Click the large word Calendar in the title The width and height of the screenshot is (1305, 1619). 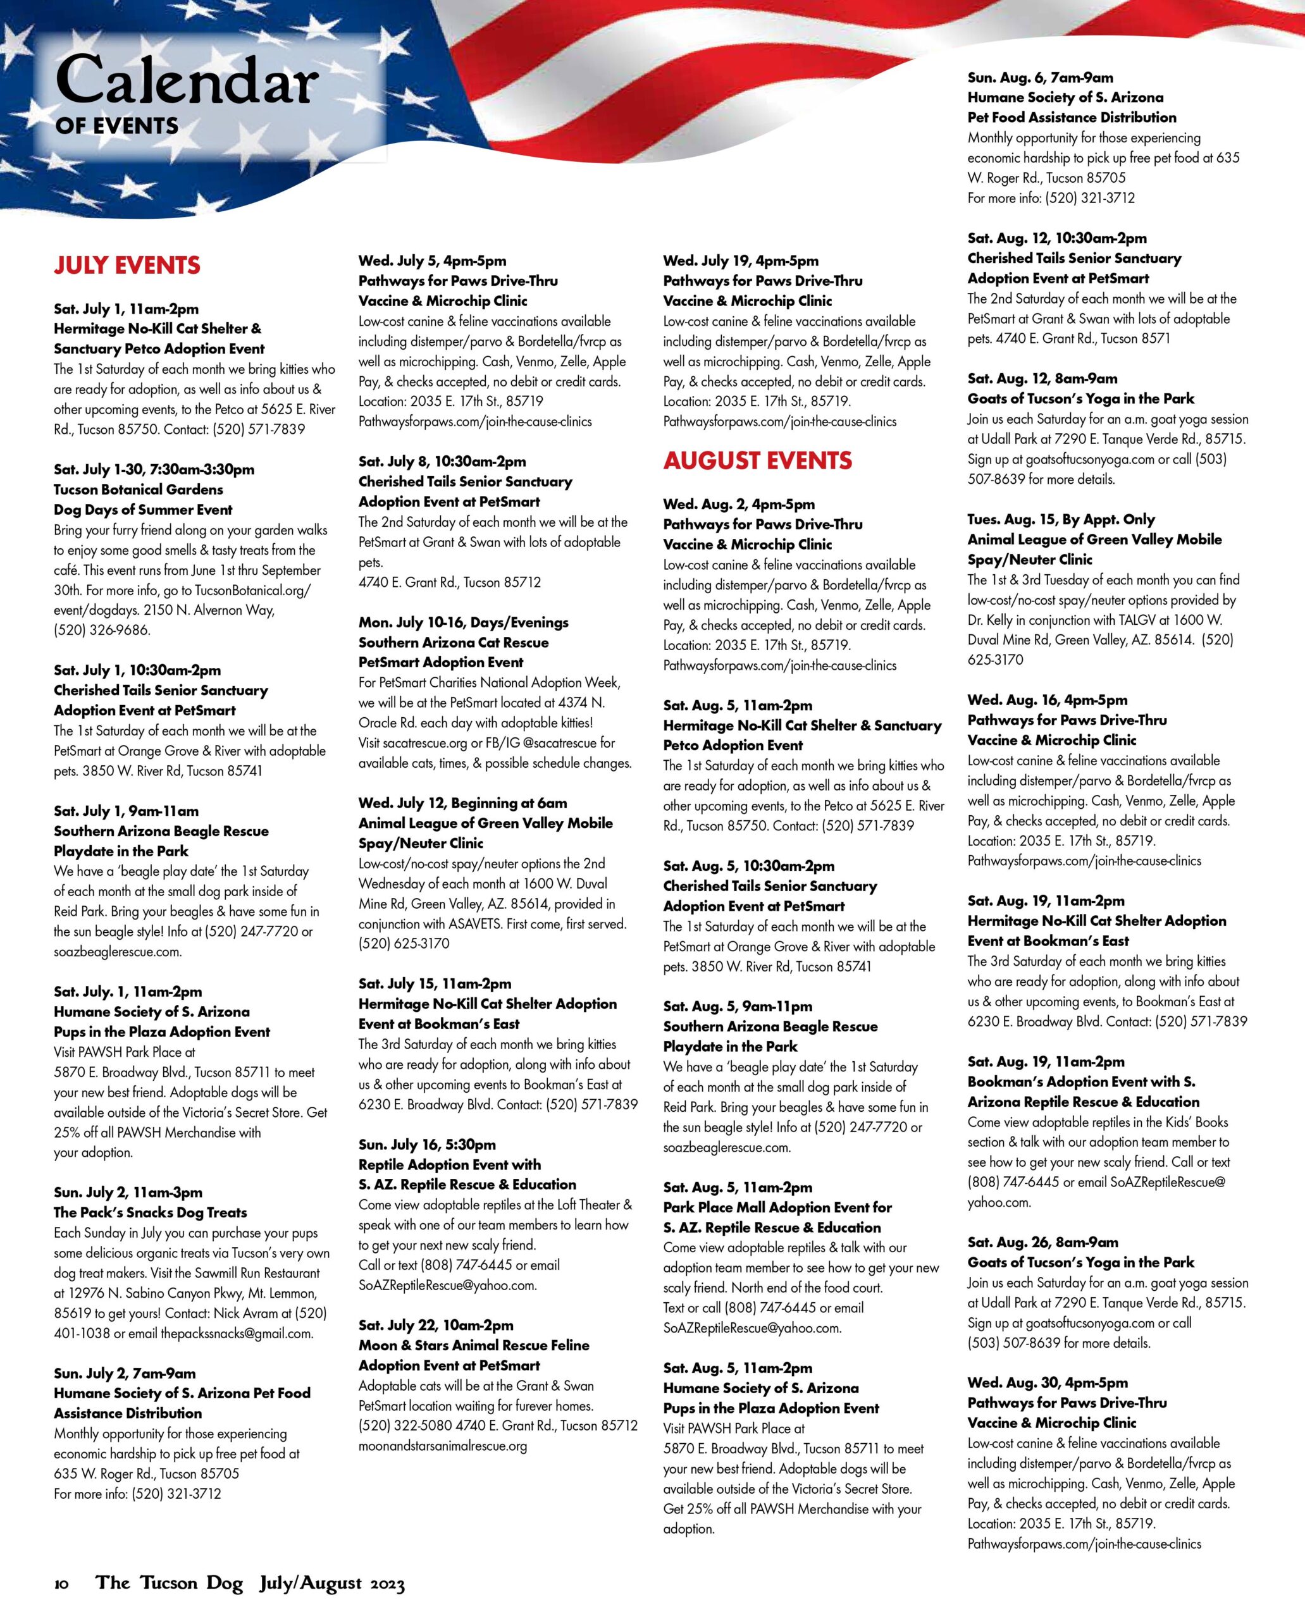(187, 81)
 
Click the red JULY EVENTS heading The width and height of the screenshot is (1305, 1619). (127, 266)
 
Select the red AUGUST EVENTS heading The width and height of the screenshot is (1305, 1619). (757, 461)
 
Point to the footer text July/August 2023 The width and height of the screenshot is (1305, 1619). (332, 1584)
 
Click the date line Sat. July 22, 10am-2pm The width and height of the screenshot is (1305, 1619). (436, 1325)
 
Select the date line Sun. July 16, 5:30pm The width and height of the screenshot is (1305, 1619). (427, 1145)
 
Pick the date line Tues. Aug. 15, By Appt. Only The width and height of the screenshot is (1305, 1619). (1061, 519)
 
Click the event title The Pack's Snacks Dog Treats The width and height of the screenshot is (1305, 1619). (151, 1212)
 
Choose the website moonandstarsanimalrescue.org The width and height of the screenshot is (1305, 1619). (443, 1446)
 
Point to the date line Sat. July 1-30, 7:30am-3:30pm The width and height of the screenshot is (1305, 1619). (154, 470)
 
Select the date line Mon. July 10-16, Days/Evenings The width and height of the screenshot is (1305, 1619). (463, 622)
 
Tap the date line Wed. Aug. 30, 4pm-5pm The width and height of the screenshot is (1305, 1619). (1047, 1382)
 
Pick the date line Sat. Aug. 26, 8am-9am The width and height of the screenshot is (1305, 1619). (1042, 1243)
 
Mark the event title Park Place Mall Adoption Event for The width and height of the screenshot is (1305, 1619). (777, 1208)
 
